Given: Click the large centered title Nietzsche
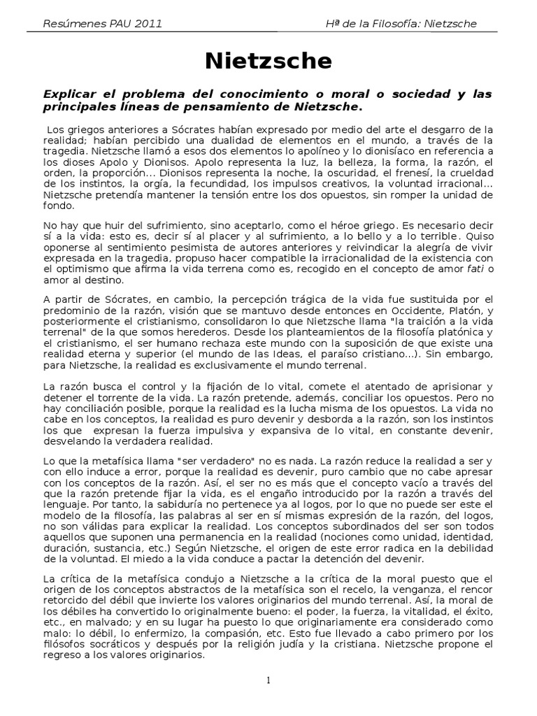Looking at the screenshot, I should [268, 62].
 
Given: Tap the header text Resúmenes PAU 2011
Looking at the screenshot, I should [103, 23].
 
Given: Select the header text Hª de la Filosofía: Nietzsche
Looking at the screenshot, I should [401, 23].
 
